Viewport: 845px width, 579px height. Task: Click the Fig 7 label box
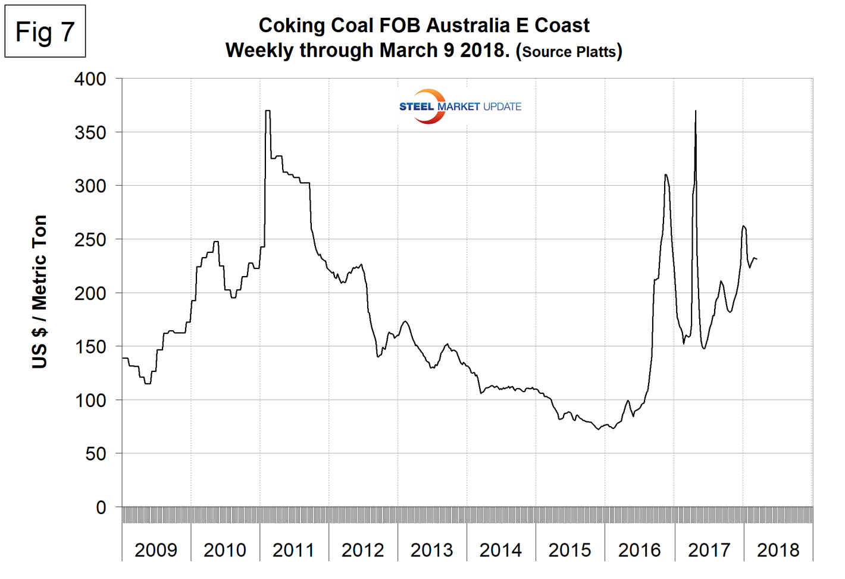coord(45,32)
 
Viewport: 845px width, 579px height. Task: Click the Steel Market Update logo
coord(459,107)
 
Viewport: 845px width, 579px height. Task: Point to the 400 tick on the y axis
coord(90,79)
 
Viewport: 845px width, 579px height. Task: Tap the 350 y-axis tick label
coord(90,132)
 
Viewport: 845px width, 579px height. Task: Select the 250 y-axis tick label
coord(90,239)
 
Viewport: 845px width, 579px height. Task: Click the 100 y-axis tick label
coord(90,400)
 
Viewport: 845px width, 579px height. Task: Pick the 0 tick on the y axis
coord(101,507)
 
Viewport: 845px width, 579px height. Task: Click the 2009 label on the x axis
coord(156,550)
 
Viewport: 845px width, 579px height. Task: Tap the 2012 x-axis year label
coord(362,550)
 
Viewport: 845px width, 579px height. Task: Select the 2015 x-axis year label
coord(569,550)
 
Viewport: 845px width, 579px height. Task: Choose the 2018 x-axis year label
coord(778,550)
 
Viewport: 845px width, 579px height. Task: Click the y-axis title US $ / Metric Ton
coord(39,292)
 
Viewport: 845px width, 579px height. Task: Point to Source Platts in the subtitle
coord(569,52)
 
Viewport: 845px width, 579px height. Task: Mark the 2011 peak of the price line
coord(268,111)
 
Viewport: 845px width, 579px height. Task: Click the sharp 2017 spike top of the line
coord(696,111)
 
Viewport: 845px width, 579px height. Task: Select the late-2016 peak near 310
coord(665,174)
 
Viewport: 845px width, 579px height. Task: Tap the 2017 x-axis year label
coord(709,550)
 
